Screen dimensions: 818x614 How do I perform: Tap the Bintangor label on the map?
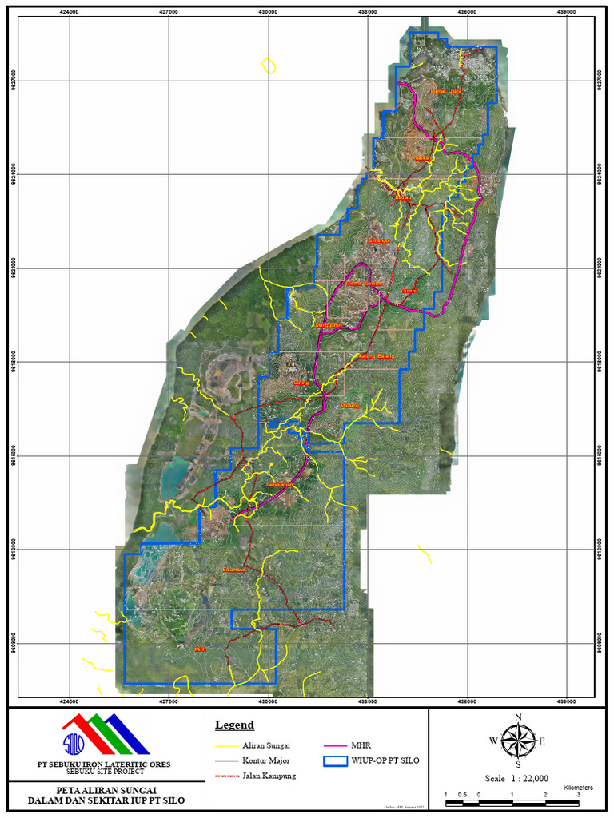click(x=379, y=240)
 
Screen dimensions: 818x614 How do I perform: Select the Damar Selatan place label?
click(x=365, y=284)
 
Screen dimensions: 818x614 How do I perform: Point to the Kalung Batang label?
click(x=377, y=355)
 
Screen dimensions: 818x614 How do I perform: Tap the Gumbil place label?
click(x=410, y=291)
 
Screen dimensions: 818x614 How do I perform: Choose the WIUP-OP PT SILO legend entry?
click(x=385, y=760)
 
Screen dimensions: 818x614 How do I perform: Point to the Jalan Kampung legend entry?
click(x=269, y=776)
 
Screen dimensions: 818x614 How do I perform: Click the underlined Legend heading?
click(x=234, y=725)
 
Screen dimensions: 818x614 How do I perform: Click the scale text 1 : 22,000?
click(x=516, y=778)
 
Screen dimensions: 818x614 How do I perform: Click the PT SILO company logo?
click(x=106, y=733)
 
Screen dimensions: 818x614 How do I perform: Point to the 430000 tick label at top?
click(x=268, y=12)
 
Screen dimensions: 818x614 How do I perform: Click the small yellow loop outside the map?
click(x=269, y=66)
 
